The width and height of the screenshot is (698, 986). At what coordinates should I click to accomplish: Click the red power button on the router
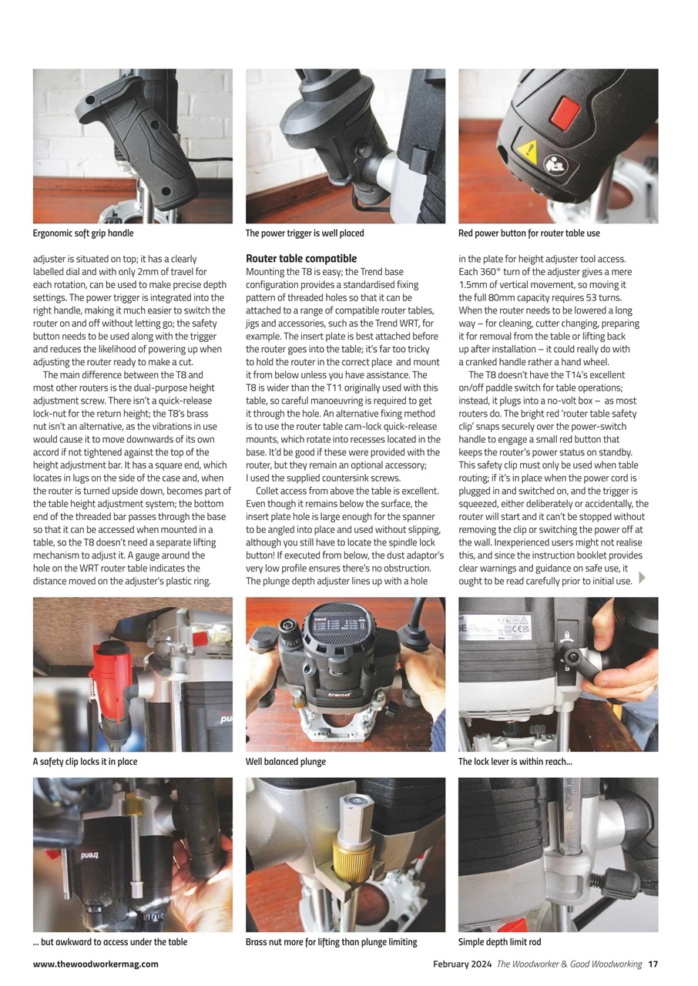tap(565, 113)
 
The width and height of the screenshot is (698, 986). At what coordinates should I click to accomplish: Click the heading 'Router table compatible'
tap(301, 259)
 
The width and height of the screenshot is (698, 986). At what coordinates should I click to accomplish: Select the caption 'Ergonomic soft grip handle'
tap(83, 233)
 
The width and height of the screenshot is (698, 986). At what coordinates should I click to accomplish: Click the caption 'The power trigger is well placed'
tap(304, 233)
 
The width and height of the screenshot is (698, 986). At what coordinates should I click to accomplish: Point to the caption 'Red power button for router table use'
tap(529, 233)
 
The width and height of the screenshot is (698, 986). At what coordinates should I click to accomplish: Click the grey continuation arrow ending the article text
tap(643, 578)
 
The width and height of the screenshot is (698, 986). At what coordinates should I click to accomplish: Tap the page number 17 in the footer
tap(653, 964)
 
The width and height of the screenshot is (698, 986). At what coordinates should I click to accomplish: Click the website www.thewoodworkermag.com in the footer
tap(96, 964)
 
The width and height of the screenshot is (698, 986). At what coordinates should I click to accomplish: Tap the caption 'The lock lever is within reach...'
tap(515, 762)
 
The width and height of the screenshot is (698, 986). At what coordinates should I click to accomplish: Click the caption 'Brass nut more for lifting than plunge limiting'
tap(331, 942)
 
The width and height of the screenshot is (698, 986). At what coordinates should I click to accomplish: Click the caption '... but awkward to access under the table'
tap(110, 942)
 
